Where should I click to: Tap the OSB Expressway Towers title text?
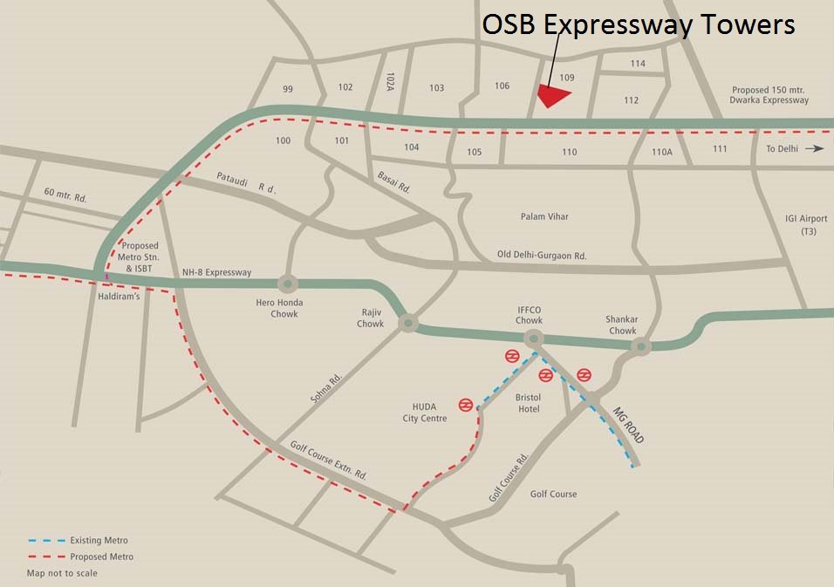[x=639, y=24]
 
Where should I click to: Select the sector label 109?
[x=567, y=78]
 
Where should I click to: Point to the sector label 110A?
[x=662, y=151]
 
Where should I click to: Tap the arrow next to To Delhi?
[x=815, y=148]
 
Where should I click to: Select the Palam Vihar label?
[x=544, y=216]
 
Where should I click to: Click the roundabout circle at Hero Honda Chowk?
[x=288, y=283]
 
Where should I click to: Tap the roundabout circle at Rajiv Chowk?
[x=407, y=324]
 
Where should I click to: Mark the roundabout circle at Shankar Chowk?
[x=641, y=347]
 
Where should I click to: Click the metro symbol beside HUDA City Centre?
[x=467, y=405]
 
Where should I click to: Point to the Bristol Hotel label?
[x=529, y=403]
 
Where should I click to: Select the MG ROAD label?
[x=626, y=425]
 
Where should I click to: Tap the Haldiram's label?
[x=120, y=296]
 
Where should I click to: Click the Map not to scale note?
[x=62, y=573]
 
